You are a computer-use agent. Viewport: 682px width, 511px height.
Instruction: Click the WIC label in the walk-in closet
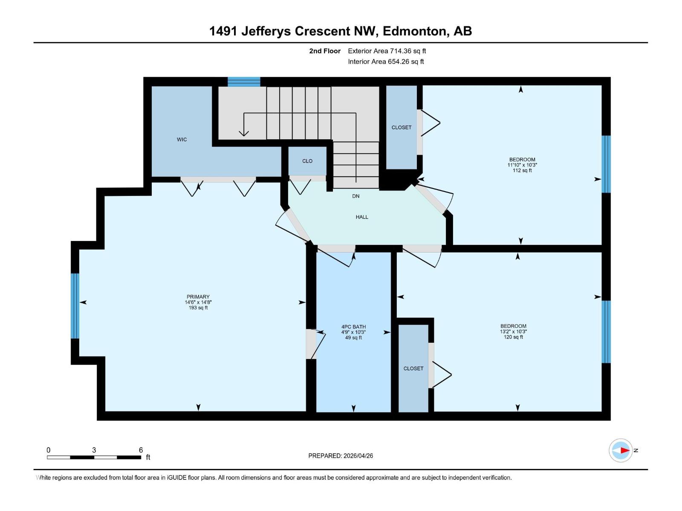(182, 140)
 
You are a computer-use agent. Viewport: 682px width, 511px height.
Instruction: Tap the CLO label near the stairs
(307, 161)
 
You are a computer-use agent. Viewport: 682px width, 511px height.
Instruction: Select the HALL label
(362, 217)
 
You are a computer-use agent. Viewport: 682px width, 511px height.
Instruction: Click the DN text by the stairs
(355, 196)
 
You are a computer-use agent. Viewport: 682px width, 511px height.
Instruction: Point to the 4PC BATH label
(353, 327)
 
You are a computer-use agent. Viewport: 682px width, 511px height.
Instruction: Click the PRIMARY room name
(198, 297)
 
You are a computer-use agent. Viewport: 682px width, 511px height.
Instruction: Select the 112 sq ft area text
(522, 170)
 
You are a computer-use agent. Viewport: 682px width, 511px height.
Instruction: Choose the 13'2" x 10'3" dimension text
(513, 332)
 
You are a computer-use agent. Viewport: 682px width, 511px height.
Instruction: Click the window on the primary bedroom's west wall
(75, 306)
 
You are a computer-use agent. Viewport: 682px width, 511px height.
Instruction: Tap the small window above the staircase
(244, 82)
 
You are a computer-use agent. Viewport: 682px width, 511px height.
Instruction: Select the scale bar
(94, 457)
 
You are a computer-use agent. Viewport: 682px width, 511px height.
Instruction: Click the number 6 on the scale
(141, 450)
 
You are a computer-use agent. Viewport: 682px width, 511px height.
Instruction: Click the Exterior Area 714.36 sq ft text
(387, 51)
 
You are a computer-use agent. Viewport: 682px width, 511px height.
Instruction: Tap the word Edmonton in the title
(415, 31)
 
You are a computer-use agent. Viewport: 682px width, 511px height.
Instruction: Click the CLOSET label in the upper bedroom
(402, 127)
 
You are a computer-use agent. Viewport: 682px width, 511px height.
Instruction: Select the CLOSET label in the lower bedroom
(413, 368)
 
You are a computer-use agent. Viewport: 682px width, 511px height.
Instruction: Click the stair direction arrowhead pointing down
(244, 133)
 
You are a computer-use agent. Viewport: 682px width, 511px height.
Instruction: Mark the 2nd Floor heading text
(325, 51)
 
